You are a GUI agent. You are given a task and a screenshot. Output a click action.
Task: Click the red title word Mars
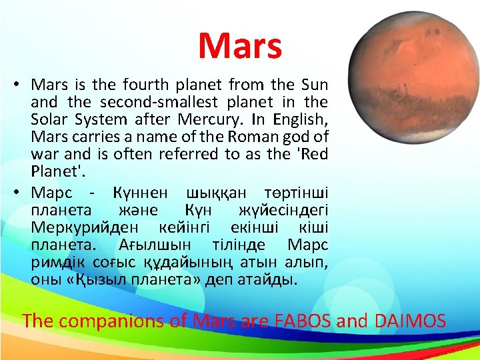240,46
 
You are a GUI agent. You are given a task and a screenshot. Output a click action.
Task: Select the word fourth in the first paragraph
153,85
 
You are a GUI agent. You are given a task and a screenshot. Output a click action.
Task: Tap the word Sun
315,85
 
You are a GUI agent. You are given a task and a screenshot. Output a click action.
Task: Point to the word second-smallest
154,103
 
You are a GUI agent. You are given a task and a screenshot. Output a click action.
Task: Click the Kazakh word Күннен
139,193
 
